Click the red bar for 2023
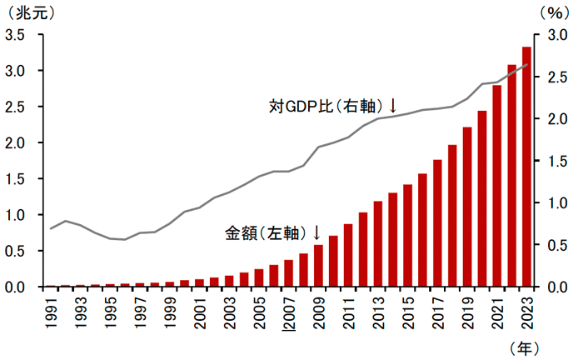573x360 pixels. click(526, 167)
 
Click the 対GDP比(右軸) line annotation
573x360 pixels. click(332, 106)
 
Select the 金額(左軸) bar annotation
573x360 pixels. click(273, 232)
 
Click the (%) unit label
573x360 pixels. click(552, 12)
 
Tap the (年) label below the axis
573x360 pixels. click(526, 344)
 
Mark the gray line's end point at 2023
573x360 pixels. click(526, 64)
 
